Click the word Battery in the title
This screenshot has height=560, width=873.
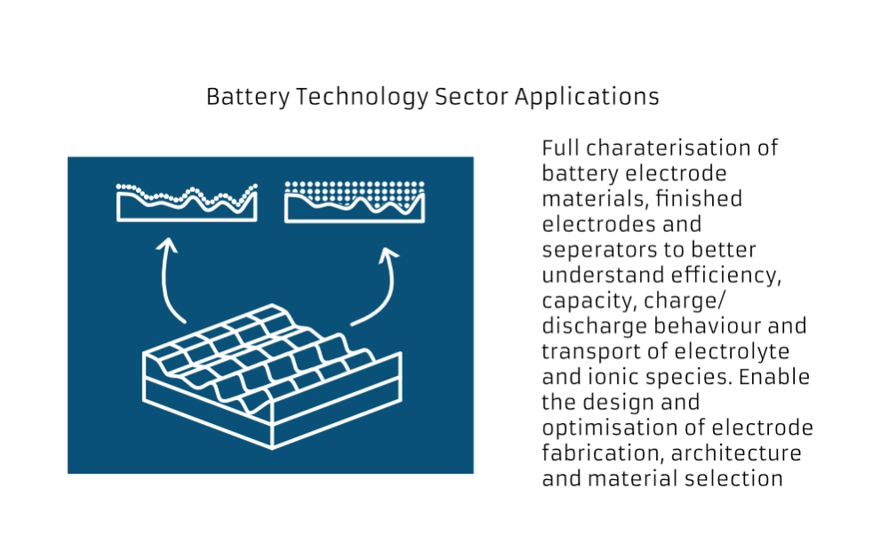[x=248, y=97]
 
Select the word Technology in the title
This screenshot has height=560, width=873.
[x=362, y=98]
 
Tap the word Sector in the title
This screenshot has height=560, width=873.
[x=471, y=97]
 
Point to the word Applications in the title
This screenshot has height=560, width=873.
[x=587, y=98]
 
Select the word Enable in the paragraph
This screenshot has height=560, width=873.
[x=774, y=377]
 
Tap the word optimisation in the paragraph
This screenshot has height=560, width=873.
[x=610, y=428]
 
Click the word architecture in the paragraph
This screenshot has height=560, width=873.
[x=736, y=453]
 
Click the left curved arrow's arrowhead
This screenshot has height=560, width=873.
[x=166, y=245]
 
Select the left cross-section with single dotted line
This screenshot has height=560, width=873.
[x=187, y=203]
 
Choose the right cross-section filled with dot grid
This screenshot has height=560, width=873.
[x=355, y=202]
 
